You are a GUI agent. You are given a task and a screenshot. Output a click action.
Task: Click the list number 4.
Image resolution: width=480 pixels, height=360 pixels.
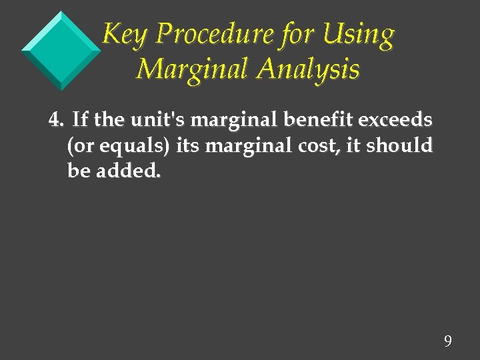click(x=56, y=121)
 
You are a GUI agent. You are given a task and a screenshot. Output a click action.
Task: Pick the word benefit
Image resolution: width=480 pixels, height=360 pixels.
click(x=303, y=121)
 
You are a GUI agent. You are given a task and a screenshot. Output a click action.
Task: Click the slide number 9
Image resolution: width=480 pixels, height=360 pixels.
click(x=447, y=342)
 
